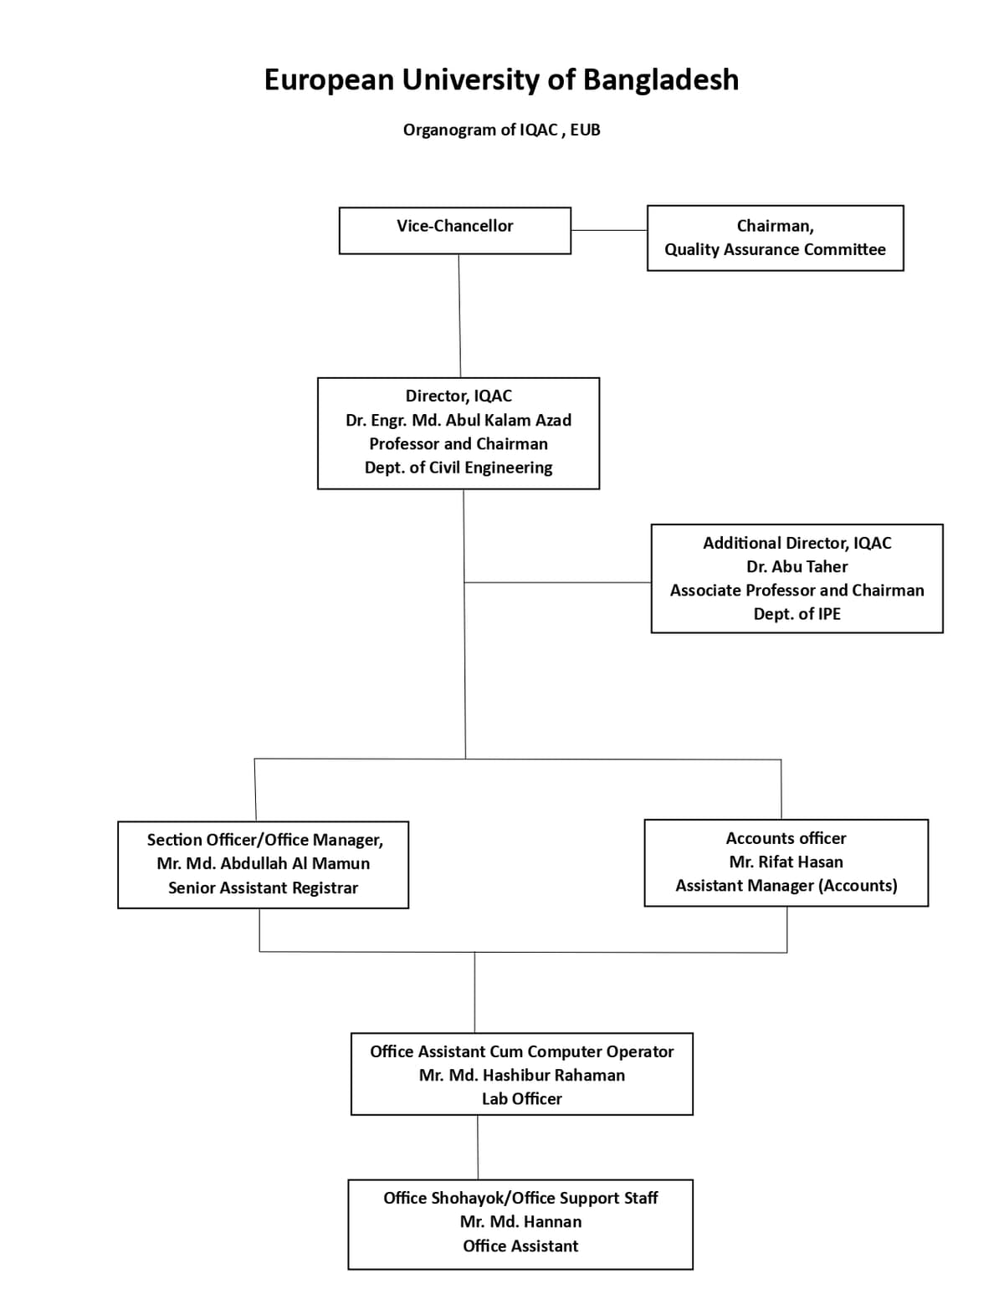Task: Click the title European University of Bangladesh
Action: coord(501,80)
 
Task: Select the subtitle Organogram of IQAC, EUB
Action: coord(501,130)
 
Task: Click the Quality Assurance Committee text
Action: coord(775,250)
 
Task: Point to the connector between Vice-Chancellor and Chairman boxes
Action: coord(608,230)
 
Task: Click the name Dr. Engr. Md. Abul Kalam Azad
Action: coord(458,421)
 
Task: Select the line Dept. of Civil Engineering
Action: coord(458,468)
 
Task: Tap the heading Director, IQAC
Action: coord(458,396)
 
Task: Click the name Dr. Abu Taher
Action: coord(797,567)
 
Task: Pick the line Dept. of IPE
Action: coord(797,614)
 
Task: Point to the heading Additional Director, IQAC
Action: coord(797,544)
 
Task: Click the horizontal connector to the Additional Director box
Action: coord(558,582)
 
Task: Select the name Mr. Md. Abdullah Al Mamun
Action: coord(263,864)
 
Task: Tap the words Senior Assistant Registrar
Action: coord(263,888)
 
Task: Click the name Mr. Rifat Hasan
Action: coord(786,862)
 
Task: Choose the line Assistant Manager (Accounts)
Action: coord(786,886)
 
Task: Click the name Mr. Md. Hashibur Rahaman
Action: coord(521,1076)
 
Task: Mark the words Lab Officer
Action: coord(521,1099)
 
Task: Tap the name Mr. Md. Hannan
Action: coord(520,1222)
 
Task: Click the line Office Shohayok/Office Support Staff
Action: coord(520,1199)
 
